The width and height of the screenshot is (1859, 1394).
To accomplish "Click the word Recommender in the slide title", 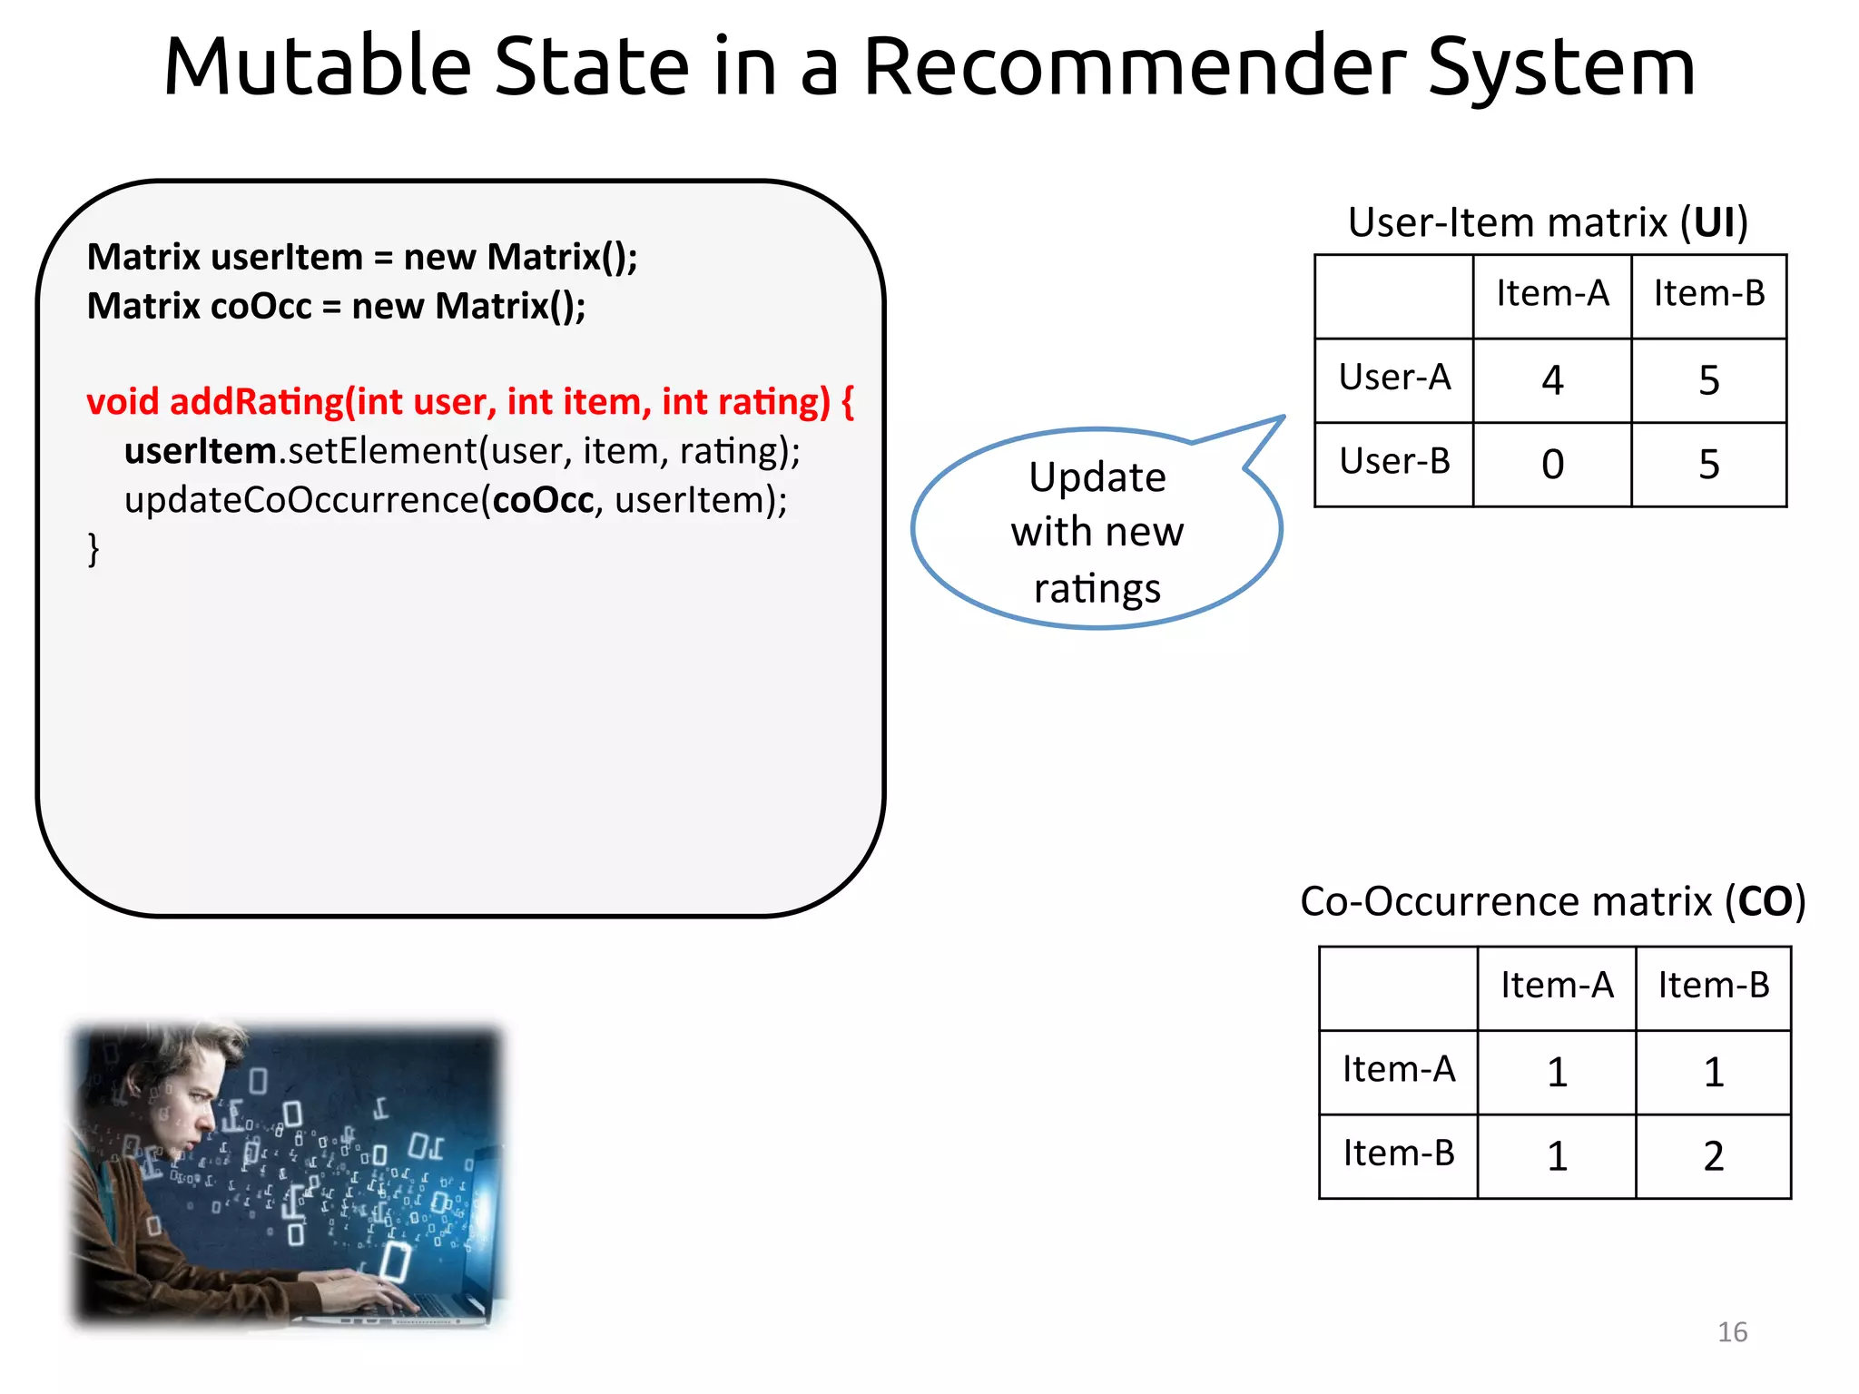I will coord(1134,67).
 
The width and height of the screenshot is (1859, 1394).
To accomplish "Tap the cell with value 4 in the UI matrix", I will coord(1551,380).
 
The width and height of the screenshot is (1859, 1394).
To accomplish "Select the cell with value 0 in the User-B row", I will coord(1551,465).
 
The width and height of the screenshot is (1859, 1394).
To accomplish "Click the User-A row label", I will coord(1394,378).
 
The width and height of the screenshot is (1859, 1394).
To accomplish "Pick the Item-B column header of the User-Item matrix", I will coord(1708,294).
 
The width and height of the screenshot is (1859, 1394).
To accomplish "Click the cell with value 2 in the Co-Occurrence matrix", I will coord(1713,1156).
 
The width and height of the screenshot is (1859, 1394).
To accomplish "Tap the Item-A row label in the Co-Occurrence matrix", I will coord(1398,1070).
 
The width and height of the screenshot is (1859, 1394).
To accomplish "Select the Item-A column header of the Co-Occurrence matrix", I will coord(1556,986).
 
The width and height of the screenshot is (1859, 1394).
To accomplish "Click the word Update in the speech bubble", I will coord(1097,477).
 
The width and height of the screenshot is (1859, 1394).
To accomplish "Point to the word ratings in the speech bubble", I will coord(1097,588).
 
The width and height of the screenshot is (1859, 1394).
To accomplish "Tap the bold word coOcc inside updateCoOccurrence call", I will coord(543,500).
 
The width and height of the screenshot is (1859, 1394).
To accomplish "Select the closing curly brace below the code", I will coord(93,549).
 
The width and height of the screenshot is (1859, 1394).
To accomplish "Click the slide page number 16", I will coord(1732,1331).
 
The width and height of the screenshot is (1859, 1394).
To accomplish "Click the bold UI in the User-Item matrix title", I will coord(1714,222).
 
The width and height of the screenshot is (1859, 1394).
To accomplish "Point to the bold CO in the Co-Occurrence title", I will coord(1765,901).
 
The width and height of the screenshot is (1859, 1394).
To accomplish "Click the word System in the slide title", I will coord(1561,67).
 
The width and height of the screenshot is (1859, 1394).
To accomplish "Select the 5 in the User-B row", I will coord(1708,465).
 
